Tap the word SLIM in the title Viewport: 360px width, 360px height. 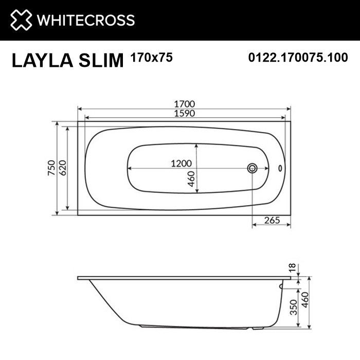coord(102,61)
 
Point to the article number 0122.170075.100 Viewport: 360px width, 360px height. coord(298,58)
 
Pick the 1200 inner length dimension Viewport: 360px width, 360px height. coord(182,163)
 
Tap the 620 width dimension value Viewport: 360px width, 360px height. coord(62,168)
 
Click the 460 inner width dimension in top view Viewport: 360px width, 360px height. coord(191,179)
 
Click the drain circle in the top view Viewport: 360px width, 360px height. coord(253,168)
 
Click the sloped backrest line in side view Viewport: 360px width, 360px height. coord(105,303)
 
